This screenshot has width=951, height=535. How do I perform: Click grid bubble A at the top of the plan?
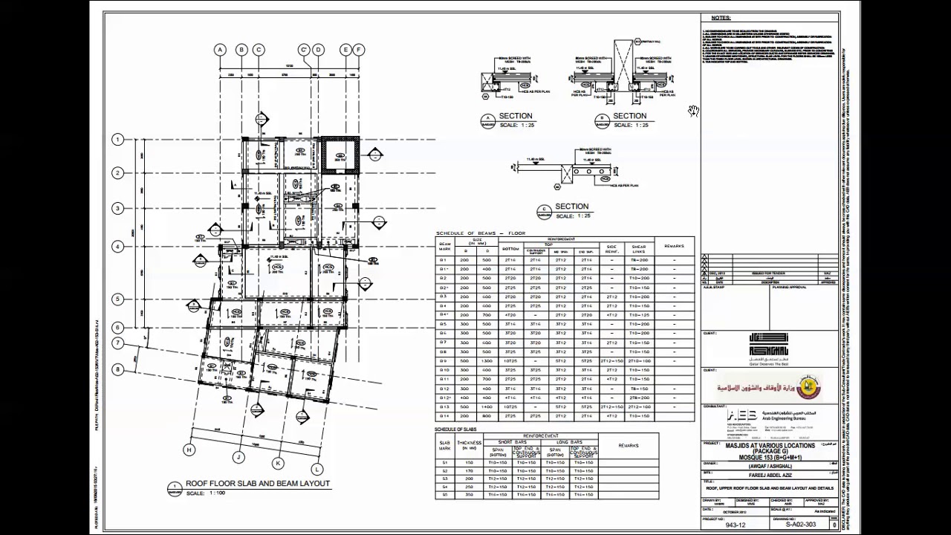tap(220, 50)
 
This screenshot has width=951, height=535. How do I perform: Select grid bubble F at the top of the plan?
tap(358, 50)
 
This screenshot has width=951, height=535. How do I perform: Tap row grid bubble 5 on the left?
tap(117, 299)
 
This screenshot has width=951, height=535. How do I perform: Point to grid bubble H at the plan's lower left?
tap(189, 450)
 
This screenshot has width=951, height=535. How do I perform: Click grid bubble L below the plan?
tap(317, 469)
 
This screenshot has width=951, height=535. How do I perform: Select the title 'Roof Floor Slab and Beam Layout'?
tap(257, 483)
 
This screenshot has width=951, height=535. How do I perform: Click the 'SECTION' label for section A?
tap(516, 116)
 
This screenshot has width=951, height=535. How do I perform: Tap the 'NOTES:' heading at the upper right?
tap(721, 18)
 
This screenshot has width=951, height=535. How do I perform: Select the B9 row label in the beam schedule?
tap(444, 360)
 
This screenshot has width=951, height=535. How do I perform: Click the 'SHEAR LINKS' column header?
tap(638, 248)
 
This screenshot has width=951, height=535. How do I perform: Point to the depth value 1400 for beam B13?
tap(487, 406)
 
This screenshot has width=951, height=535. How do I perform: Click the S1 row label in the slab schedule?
tap(445, 462)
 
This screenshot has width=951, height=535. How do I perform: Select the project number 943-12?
tap(736, 525)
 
